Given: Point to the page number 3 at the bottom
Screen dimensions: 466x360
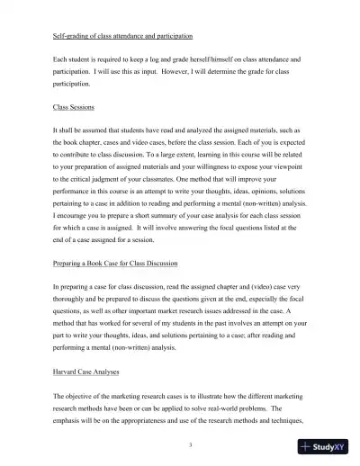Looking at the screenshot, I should coord(180,444).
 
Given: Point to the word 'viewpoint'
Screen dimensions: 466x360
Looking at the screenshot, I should coord(287,167).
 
